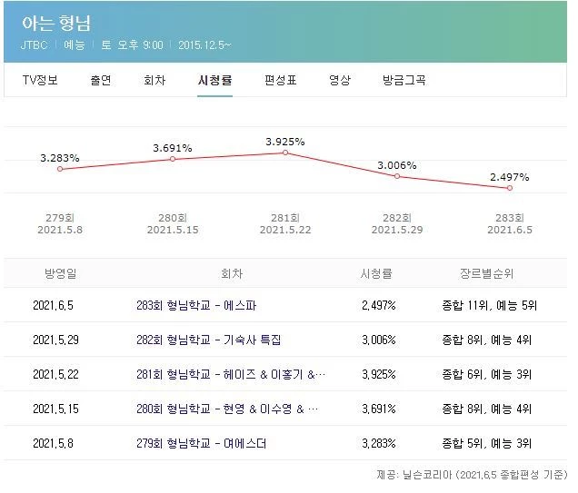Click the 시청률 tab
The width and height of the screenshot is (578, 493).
click(x=214, y=80)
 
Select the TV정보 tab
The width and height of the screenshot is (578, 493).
click(x=40, y=80)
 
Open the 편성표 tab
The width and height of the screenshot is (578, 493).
click(x=281, y=80)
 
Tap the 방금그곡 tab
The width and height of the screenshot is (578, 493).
click(x=404, y=80)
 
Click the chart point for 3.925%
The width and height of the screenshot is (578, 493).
click(x=284, y=153)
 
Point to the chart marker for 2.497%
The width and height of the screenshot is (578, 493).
click(x=510, y=188)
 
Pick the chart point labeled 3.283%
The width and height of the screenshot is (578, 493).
click(x=60, y=169)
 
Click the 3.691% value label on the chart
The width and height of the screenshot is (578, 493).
click(x=173, y=147)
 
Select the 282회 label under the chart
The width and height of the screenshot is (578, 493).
click(x=397, y=217)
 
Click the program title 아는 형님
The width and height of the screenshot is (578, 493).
click(x=59, y=23)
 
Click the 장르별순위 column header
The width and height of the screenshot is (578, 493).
click(x=488, y=272)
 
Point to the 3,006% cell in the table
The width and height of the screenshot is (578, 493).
click(x=378, y=340)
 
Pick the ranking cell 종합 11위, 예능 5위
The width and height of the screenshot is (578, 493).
click(x=488, y=305)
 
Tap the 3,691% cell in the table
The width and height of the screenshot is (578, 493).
click(x=378, y=409)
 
